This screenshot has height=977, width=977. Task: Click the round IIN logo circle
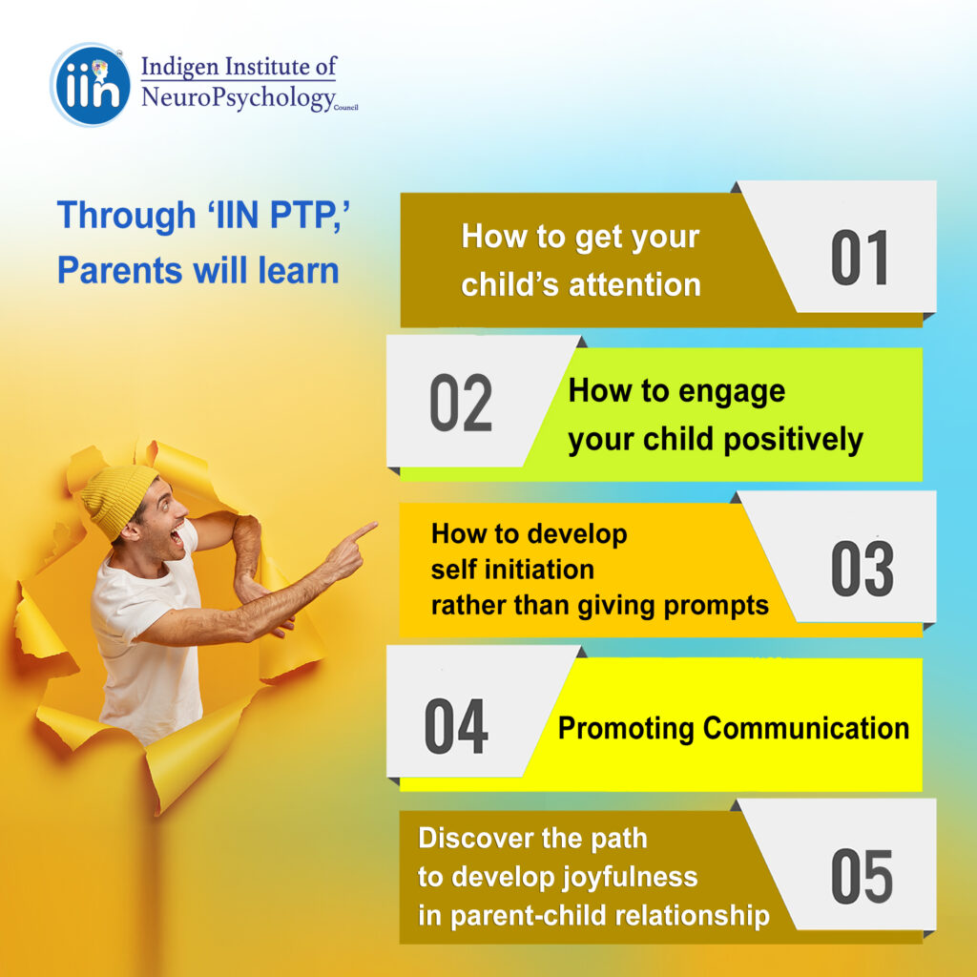[x=91, y=85]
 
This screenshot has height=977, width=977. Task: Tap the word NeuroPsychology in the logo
[x=238, y=98]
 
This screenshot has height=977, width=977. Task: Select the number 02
[x=461, y=404]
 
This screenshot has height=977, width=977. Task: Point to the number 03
[x=862, y=569]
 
